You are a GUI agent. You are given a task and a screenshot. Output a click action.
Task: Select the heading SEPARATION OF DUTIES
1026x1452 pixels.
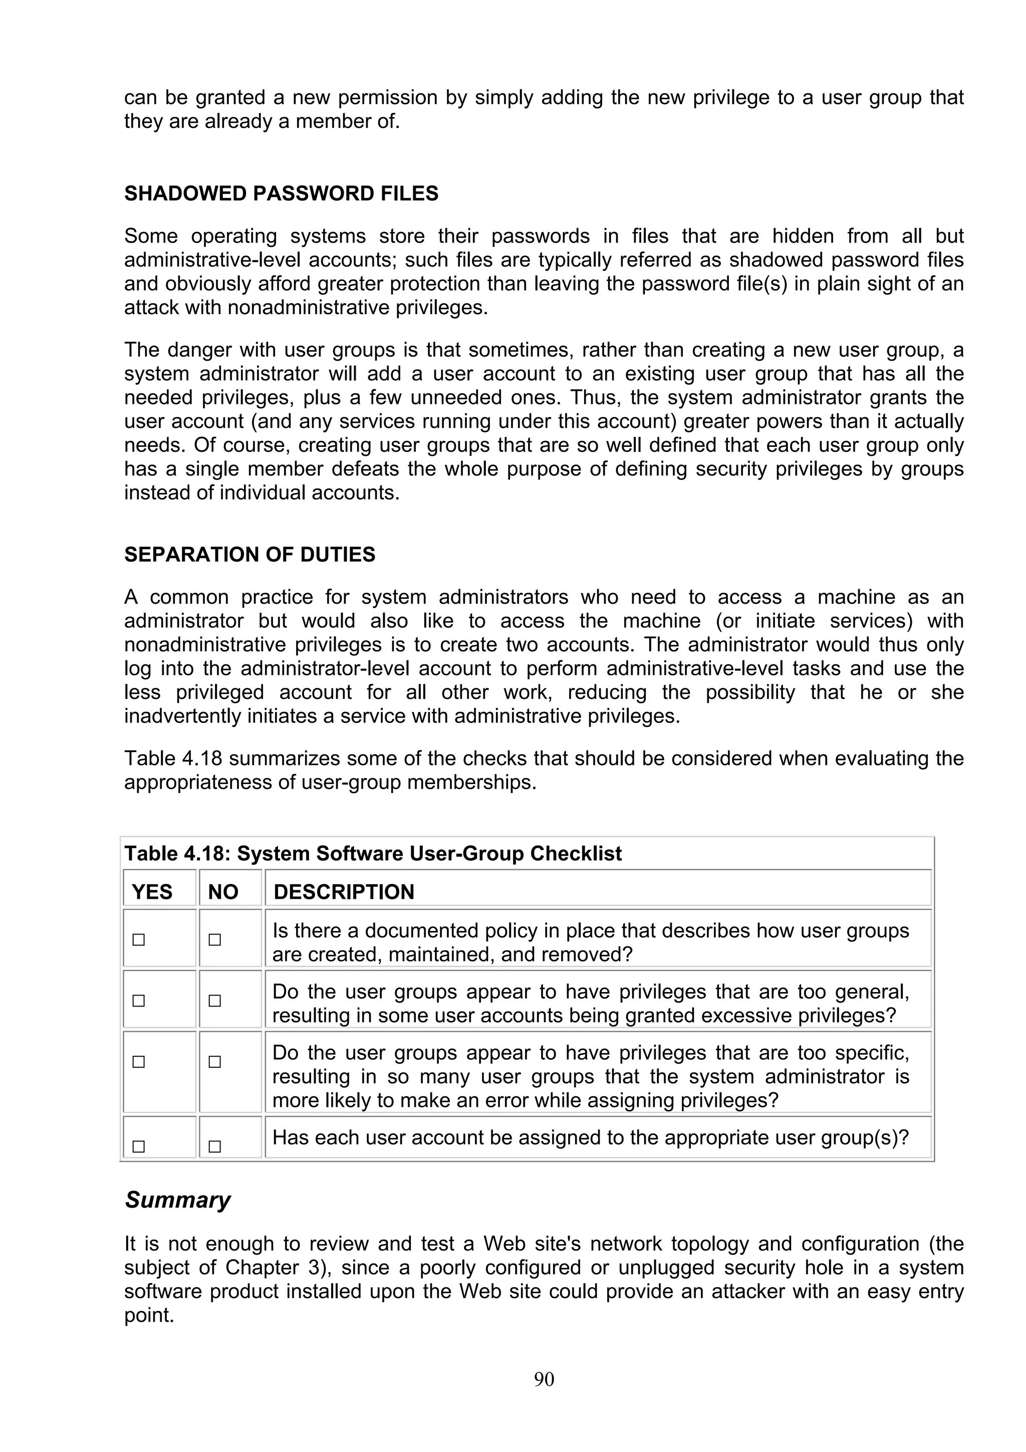[249, 555]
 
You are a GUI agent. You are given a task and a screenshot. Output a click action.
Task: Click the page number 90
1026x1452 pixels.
[544, 1380]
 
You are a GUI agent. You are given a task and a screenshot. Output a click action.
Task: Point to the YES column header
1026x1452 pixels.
[152, 892]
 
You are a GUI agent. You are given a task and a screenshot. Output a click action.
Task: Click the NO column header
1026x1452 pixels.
[223, 892]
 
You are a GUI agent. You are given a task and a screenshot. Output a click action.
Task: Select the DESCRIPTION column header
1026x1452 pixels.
[344, 892]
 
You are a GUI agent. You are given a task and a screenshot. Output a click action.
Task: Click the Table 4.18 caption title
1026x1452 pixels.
[373, 854]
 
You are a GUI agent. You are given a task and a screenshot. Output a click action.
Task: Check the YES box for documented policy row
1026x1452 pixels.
[138, 940]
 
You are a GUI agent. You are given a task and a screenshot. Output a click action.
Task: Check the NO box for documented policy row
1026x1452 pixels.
[215, 940]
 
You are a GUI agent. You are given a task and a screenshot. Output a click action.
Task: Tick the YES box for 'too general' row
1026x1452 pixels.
[138, 1001]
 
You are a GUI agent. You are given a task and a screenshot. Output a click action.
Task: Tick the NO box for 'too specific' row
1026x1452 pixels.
[215, 1062]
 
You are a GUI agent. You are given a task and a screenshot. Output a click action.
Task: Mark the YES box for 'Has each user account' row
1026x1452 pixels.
[138, 1146]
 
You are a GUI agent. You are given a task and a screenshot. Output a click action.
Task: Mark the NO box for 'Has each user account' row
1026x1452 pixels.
[215, 1146]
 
